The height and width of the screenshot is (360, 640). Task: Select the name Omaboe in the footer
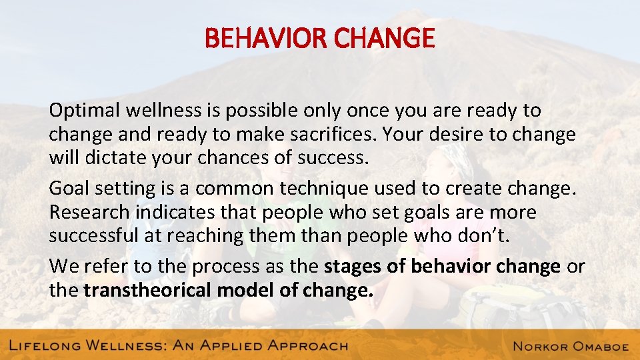coord(597,345)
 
